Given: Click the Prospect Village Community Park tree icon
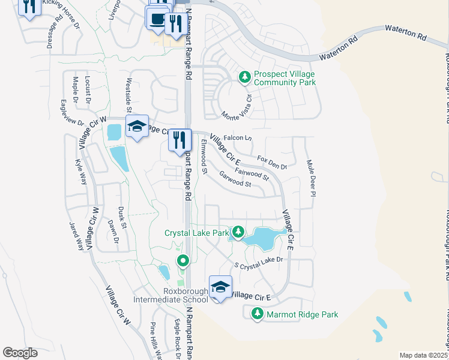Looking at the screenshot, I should point(244,77).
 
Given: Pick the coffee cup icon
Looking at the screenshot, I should point(158,19).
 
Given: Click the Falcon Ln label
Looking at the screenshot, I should point(237,138).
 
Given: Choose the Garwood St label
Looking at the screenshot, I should point(235,180).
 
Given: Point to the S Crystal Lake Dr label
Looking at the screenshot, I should point(258,263).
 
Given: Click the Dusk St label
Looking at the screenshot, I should point(123,218).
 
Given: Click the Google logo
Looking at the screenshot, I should point(20,352).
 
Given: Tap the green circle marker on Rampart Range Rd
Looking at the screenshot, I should point(183,260).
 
